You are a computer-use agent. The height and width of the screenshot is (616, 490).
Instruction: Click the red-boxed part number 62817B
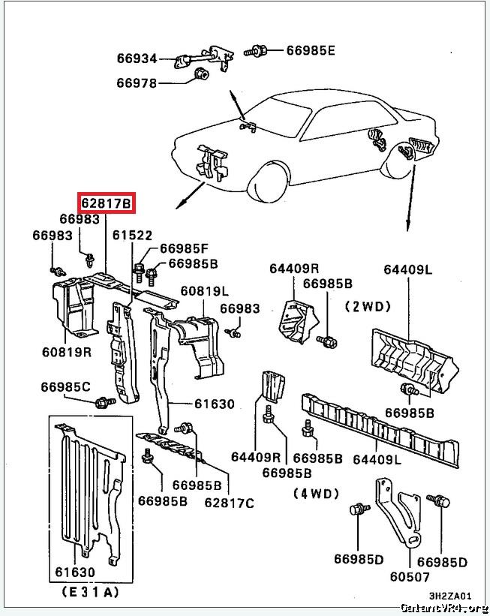[x=107, y=203]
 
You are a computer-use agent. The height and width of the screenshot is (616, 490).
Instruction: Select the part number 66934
[x=137, y=58]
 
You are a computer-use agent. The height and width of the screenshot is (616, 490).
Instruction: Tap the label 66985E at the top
[x=311, y=51]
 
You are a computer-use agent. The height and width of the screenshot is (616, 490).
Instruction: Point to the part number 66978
[x=137, y=83]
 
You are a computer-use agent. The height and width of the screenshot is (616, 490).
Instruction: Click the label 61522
[x=132, y=236]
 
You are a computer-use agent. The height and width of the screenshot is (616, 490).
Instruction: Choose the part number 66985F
[x=184, y=249]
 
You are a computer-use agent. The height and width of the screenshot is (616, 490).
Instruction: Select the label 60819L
[x=204, y=290]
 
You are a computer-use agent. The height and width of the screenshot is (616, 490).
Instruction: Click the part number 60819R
[x=66, y=350]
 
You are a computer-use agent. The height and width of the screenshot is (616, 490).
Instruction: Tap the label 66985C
[x=65, y=387]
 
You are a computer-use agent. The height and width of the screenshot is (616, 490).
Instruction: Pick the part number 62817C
[x=229, y=502]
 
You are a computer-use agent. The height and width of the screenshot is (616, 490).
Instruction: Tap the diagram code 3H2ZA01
[x=450, y=596]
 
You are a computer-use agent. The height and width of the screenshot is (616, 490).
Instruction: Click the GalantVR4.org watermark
[x=443, y=608]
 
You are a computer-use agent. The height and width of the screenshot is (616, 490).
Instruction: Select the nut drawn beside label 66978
[x=201, y=75]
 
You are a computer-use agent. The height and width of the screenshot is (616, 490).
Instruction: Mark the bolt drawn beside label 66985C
[x=101, y=403]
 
